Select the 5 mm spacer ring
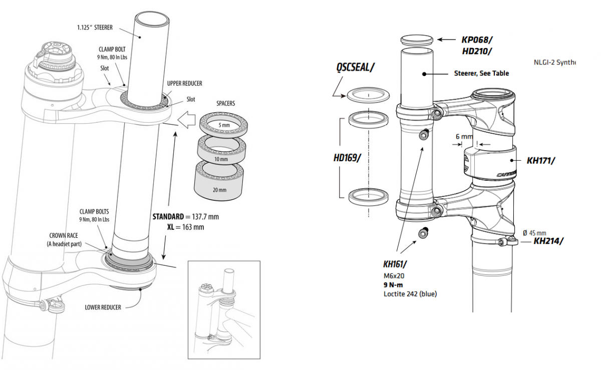click(x=219, y=125)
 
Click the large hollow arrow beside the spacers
click(x=185, y=122)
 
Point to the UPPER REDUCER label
click(x=185, y=83)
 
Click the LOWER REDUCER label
click(x=103, y=307)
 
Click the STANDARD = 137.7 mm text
click(x=185, y=217)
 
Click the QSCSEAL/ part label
click(x=356, y=68)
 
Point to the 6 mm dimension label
click(x=464, y=136)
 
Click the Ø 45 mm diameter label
click(x=534, y=232)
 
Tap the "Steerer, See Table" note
click(x=481, y=73)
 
